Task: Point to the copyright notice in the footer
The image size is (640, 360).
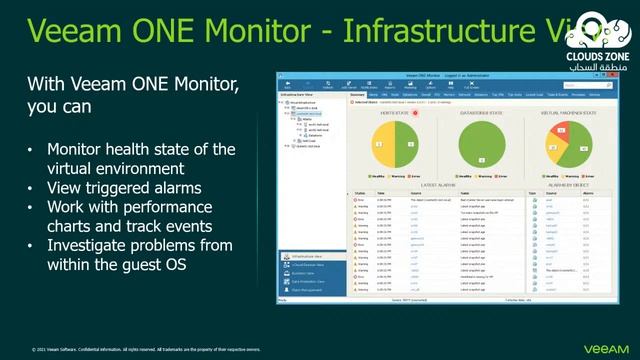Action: tap(146, 350)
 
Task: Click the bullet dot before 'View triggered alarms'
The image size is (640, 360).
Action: tap(31, 188)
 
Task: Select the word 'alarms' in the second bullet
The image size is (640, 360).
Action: tap(173, 188)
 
